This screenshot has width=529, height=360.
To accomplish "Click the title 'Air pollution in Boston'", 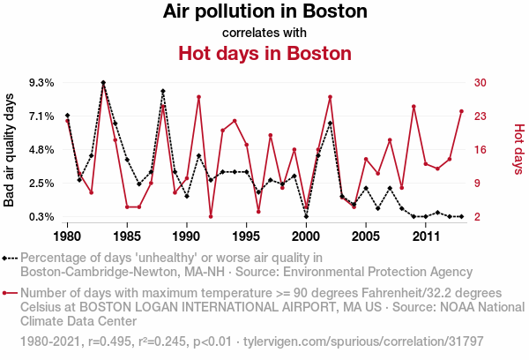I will [x=264, y=12].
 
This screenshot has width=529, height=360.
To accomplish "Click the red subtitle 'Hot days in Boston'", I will [x=264, y=53].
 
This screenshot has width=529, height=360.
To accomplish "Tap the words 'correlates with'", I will [x=264, y=33].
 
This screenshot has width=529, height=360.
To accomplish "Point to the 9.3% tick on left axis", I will [x=41, y=83].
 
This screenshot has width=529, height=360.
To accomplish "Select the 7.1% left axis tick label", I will [x=41, y=116].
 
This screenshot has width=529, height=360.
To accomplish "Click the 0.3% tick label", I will [x=41, y=217].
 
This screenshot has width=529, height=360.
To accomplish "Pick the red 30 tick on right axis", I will [x=481, y=83].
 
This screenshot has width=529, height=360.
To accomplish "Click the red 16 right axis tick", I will [x=481, y=150].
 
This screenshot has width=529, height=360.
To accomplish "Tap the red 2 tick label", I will [x=477, y=217].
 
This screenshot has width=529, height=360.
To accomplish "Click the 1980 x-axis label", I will [x=68, y=236].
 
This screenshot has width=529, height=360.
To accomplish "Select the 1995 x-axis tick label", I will [x=246, y=236].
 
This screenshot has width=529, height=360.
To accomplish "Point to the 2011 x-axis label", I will [x=426, y=236].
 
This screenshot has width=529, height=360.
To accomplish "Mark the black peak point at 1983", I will [x=103, y=83].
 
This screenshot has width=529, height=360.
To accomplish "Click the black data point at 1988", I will [x=163, y=91].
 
